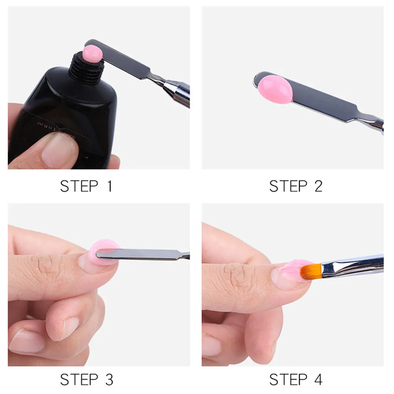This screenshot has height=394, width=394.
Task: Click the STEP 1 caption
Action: point(86,186)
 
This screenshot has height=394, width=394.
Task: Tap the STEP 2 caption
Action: point(295,186)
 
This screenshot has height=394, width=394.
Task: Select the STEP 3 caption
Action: point(86,379)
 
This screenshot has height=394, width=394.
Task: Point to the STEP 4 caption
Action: point(295,379)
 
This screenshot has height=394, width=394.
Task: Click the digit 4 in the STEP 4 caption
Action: point(318,379)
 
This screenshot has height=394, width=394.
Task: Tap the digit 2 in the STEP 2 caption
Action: point(318,186)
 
